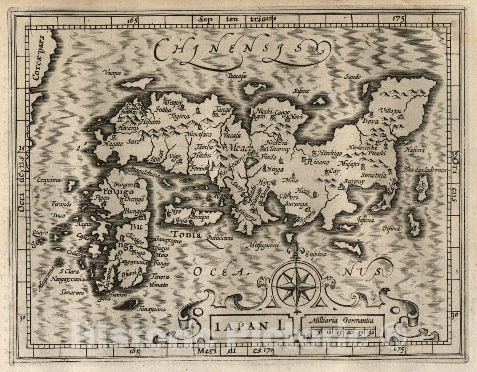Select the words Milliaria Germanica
point(341,319)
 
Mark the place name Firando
point(61,204)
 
